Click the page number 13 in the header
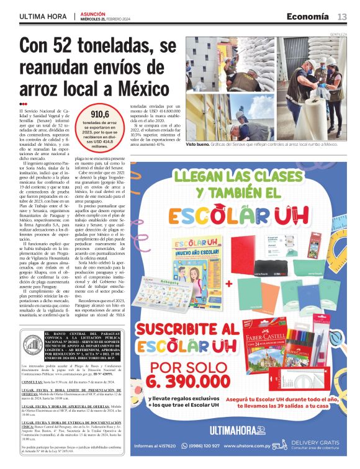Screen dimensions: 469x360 (x=342, y=17)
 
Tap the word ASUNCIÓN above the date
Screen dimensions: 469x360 (x=92, y=14)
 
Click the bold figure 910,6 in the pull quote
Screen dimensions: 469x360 (x=100, y=115)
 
